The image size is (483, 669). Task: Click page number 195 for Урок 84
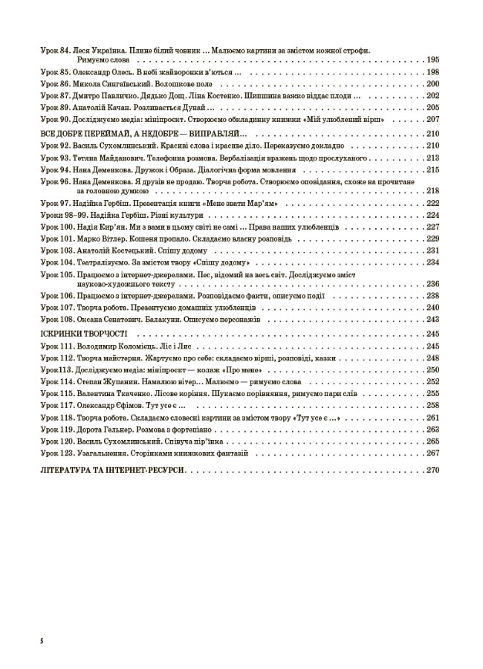pos(434,59)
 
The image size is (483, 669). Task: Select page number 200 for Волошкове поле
pos(434,84)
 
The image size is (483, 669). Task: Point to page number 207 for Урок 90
pos(434,120)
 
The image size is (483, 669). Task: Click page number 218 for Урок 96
pos(434,191)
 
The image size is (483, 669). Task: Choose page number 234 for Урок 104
pos(434,262)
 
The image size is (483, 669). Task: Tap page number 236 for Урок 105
pos(434,283)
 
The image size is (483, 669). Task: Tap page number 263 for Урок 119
pos(434,430)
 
